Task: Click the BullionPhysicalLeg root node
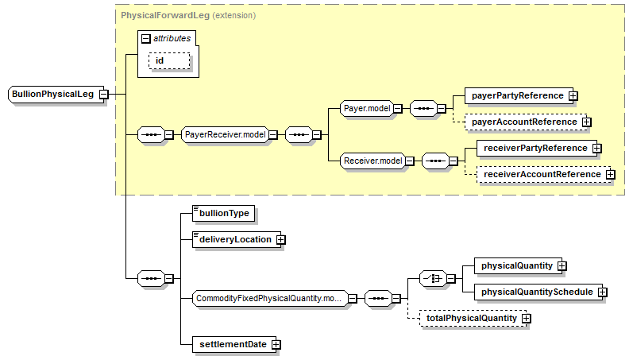click(x=52, y=94)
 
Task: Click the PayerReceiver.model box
click(x=224, y=135)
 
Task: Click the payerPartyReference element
click(x=517, y=95)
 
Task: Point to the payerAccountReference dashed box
click(x=524, y=122)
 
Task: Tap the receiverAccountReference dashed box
click(x=542, y=174)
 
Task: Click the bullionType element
click(x=225, y=213)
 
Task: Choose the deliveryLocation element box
click(x=234, y=239)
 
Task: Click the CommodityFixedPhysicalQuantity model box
click(x=270, y=299)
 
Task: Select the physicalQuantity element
click(x=516, y=265)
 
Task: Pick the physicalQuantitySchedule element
click(x=536, y=292)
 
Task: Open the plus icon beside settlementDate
click(x=276, y=344)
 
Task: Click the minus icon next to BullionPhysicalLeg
click(x=104, y=94)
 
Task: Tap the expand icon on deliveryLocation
click(x=280, y=239)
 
